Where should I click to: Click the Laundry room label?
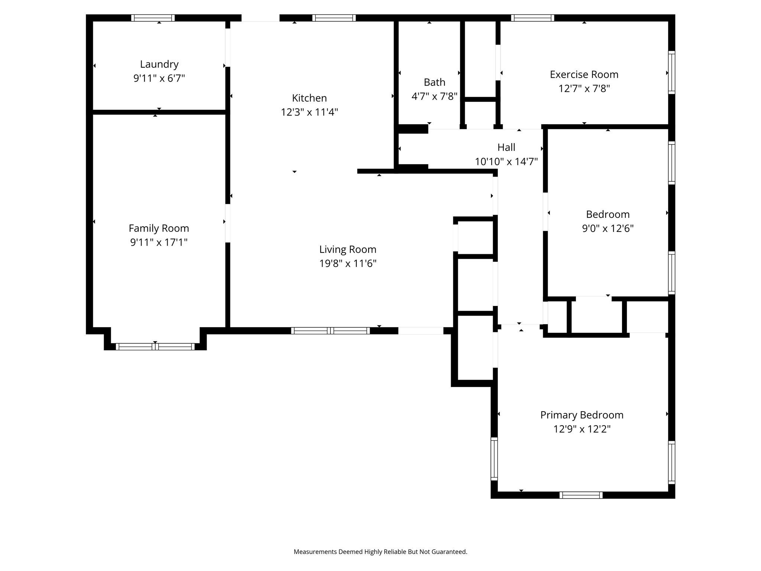159,64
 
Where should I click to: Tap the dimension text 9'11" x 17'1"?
159,242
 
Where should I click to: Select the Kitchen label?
309,98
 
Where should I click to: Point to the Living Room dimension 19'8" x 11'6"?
348,264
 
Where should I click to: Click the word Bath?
434,82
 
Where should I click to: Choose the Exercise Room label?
584,75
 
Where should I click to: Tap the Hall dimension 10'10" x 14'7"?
506,162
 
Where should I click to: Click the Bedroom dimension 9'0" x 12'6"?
608,228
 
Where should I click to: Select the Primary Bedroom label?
582,415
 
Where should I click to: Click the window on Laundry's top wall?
153,18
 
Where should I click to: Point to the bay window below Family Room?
155,346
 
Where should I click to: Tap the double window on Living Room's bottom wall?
330,330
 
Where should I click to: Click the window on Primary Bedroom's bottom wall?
581,495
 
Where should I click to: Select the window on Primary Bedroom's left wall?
494,458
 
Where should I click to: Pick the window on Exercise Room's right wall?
671,72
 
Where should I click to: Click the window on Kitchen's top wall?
334,18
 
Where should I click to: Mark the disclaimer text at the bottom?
380,552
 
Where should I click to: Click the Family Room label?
159,228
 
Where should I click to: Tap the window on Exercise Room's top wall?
532,18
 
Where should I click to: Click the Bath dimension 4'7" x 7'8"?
434,97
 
